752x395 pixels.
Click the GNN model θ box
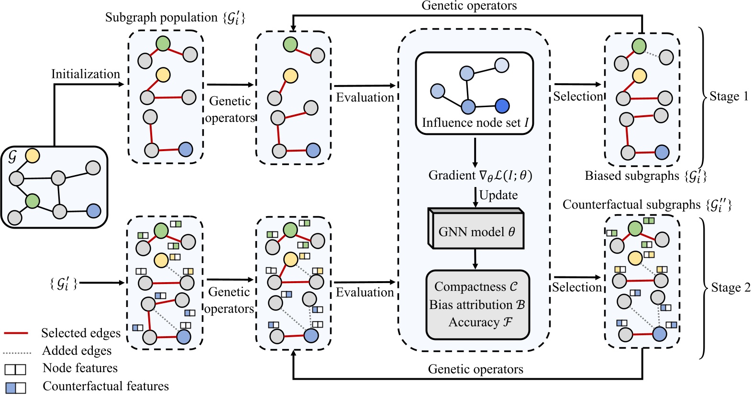pos(476,232)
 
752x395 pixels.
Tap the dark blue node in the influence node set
pos(502,106)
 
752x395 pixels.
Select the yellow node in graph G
pos(32,155)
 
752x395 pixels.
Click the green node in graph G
pos(32,200)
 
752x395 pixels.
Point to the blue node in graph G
pos(94,210)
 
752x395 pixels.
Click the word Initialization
pos(86,74)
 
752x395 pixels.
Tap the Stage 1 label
pos(729,96)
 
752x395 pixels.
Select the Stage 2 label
pos(730,287)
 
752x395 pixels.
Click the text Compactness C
pos(476,286)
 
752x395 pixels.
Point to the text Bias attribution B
pos(477,305)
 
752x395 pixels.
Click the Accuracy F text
pos(480,322)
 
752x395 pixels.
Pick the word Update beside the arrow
pos(498,195)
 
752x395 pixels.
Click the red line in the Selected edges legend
pos(16,333)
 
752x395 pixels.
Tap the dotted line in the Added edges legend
pos(17,353)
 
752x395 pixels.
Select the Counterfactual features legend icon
pos(15,387)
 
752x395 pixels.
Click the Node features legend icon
pos(15,369)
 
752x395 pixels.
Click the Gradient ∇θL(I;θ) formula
pos(480,176)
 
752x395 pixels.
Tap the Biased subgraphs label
pos(645,176)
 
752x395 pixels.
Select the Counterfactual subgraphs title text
pos(647,205)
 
